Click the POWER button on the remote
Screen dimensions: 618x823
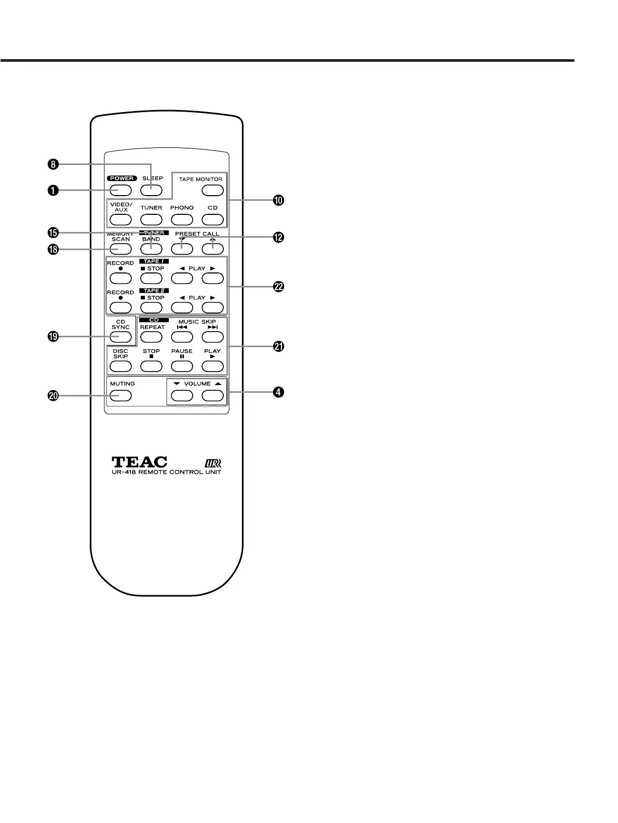click(x=120, y=190)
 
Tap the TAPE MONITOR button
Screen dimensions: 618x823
click(x=212, y=190)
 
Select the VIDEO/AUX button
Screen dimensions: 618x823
click(x=120, y=219)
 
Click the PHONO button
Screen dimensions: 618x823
click(x=182, y=219)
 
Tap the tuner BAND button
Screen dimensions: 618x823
click(x=151, y=249)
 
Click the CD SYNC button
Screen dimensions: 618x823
click(x=120, y=337)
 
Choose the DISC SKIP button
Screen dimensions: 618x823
click(x=120, y=366)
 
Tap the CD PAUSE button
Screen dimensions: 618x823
click(x=182, y=366)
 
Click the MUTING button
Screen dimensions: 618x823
click(x=120, y=396)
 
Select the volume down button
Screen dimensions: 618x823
click(x=182, y=396)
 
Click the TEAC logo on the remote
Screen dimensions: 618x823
click(x=139, y=461)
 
